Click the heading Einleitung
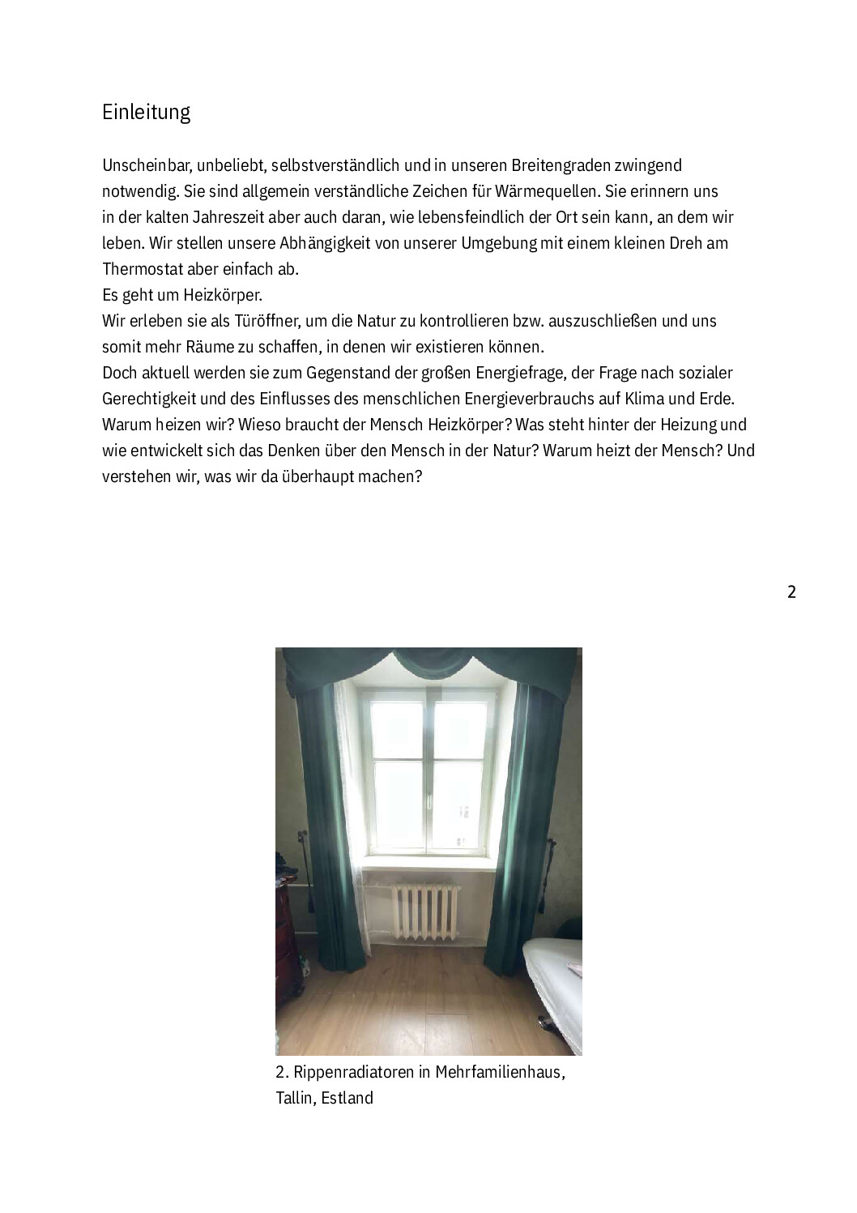[146, 112]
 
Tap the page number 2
[791, 592]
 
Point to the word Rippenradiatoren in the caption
[353, 1073]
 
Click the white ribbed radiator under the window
[425, 911]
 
